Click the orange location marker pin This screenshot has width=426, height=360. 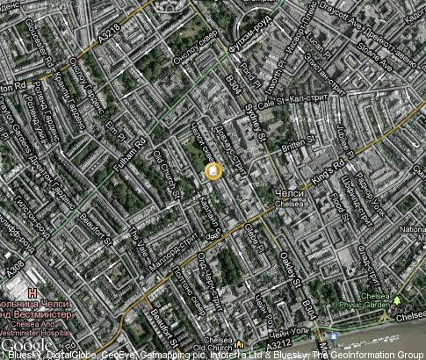click(213, 171)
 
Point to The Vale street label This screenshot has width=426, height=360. click(140, 238)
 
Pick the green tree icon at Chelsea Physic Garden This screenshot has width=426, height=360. click(396, 299)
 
